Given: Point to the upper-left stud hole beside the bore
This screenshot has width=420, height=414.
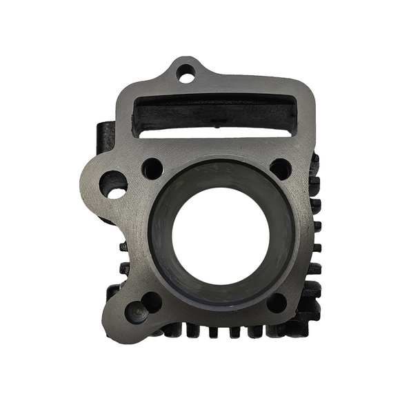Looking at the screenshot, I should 152,168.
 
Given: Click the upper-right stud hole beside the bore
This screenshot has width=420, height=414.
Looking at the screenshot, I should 280,168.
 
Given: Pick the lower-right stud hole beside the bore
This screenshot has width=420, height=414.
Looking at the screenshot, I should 277,302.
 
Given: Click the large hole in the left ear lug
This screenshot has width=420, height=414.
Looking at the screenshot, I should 113,184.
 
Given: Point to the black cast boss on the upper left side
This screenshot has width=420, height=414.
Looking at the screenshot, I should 104,138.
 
